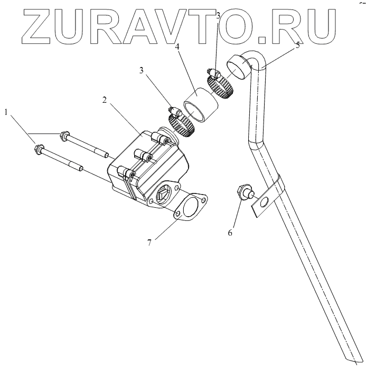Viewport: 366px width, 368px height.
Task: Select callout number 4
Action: coord(177,47)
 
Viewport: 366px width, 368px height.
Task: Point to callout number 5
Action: coord(297,45)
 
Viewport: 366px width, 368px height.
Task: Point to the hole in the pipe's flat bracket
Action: coord(265,201)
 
